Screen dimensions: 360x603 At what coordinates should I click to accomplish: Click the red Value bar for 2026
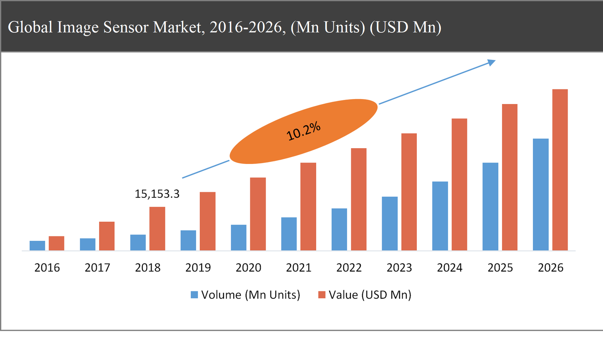[x=560, y=170]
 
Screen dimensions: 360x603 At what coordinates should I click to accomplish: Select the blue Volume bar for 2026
[x=540, y=195]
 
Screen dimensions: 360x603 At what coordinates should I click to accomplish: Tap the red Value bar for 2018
[x=157, y=228]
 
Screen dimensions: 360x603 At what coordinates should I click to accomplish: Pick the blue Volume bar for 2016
[x=37, y=245]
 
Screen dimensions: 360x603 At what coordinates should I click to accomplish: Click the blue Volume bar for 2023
[x=389, y=224]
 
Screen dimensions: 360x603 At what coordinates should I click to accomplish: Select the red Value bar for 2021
[x=308, y=207]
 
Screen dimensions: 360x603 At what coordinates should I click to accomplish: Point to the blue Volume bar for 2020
[x=239, y=237]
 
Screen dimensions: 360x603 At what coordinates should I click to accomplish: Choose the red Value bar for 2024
[x=459, y=184]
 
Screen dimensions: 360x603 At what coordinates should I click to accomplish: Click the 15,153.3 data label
[x=157, y=194]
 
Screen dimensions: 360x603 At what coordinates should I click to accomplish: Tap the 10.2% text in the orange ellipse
[x=303, y=131]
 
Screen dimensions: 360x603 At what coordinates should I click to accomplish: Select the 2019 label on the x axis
[x=198, y=268]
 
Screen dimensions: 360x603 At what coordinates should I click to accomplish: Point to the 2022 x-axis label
[x=349, y=268]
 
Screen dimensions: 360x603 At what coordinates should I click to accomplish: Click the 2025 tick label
[x=500, y=268]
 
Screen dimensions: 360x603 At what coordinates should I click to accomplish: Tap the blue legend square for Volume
[x=194, y=295]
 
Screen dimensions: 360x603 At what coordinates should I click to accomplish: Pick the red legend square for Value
[x=321, y=295]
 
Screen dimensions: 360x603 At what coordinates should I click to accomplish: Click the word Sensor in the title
[x=126, y=27]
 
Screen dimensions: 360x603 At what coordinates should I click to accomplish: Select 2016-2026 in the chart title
[x=247, y=27]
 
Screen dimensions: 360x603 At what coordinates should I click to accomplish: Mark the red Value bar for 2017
[x=107, y=236]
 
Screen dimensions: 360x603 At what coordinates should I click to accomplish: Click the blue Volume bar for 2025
[x=490, y=207]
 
